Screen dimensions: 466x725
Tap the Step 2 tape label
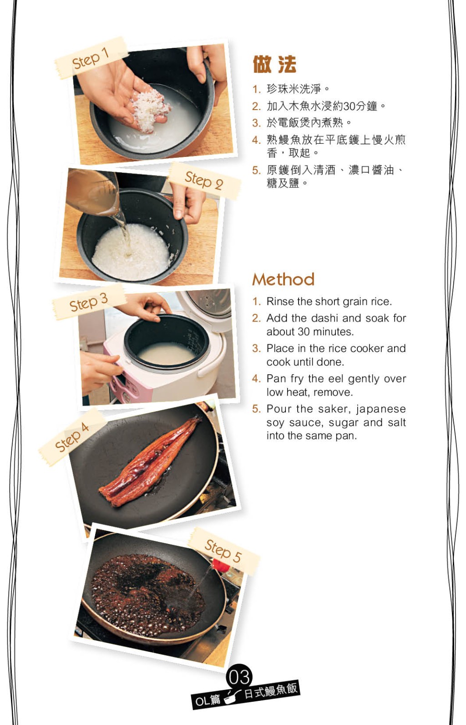coord(204,180)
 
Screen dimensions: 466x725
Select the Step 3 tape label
coord(89,302)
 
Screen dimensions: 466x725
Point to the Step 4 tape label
coord(72,438)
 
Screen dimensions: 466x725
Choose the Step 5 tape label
coord(223,552)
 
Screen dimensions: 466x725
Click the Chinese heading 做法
coord(274,64)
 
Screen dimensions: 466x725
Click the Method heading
coord(284,279)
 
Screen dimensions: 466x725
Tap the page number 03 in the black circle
coord(239,677)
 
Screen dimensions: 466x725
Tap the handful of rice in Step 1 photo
coord(149,110)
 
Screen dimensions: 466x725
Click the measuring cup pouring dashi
coord(92,191)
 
